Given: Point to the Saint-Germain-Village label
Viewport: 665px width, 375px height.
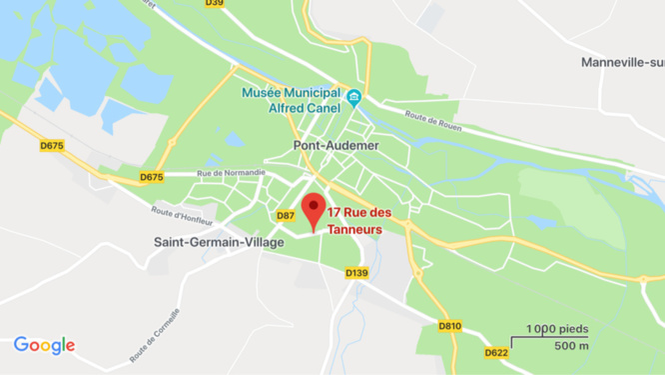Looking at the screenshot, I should pos(218,242).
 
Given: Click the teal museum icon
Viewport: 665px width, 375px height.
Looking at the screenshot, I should pos(353,97).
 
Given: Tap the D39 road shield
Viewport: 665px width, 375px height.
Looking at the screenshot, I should pos(214,3).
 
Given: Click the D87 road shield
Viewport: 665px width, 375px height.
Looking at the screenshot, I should pos(286,215).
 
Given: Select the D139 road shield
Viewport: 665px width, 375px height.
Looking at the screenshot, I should pos(356,272).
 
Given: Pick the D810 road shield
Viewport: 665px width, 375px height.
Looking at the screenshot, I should pos(450,325).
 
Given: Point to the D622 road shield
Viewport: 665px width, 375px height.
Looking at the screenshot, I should pos(496,352).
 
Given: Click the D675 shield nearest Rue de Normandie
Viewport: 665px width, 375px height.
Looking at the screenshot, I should pos(151,177).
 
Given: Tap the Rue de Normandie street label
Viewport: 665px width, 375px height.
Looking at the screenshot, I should pos(232,173).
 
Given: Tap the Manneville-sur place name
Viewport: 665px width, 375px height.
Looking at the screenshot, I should pos(622,62).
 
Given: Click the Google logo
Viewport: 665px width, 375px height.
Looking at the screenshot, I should pos(44,345).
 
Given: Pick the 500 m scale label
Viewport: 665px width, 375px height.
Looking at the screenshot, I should pos(571,346).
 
